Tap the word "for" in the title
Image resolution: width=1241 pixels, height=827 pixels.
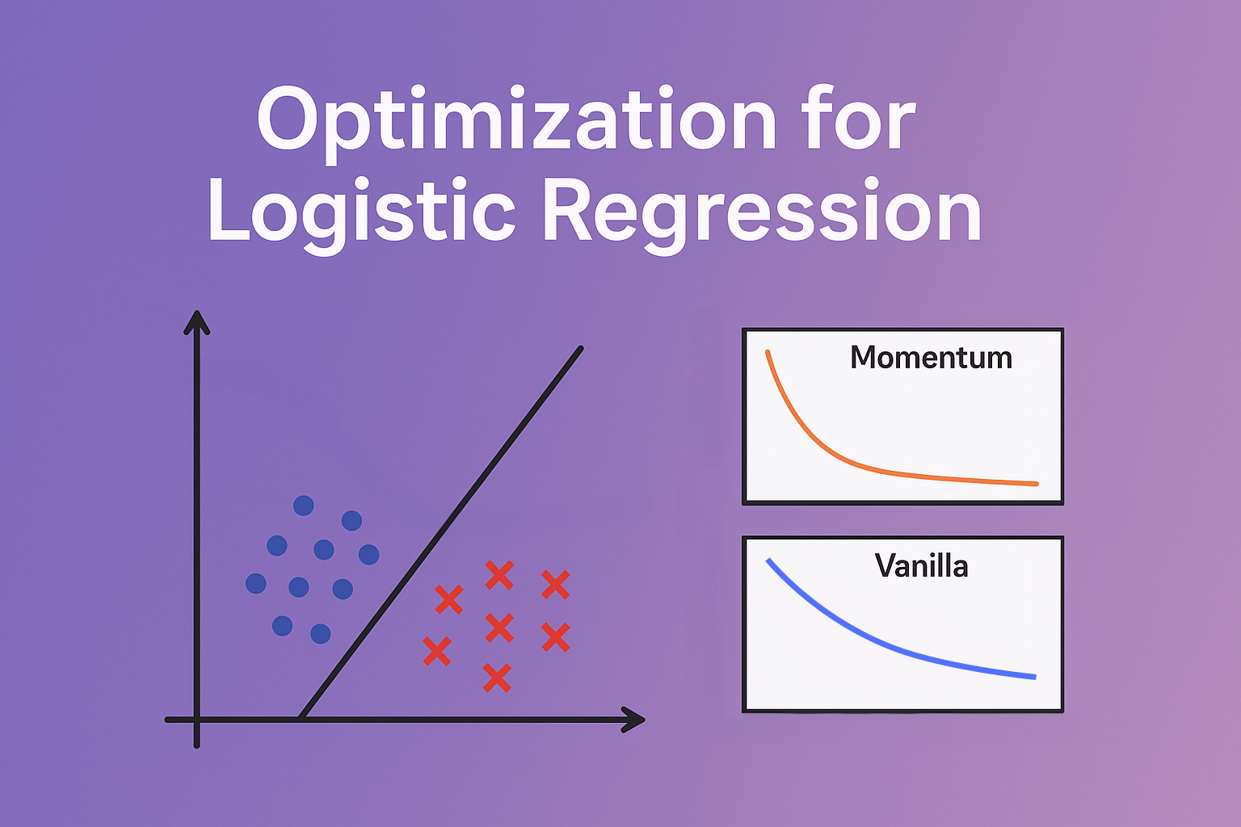859,117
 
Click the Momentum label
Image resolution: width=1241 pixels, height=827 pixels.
931,357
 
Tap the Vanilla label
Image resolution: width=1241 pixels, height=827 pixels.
921,566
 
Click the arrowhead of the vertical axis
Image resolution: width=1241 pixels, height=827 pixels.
196,321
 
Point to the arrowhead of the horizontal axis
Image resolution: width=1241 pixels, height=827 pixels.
633,720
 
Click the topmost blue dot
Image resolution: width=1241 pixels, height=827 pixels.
304,506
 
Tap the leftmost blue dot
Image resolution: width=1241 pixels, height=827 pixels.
256,583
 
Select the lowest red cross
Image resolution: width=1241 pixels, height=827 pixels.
497,678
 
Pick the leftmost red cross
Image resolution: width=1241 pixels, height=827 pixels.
437,651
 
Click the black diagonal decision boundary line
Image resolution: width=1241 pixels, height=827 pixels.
440,533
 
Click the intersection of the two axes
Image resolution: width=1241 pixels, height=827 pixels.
196,720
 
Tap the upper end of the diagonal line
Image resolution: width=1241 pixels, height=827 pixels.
581,348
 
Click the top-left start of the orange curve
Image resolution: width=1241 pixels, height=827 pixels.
768,352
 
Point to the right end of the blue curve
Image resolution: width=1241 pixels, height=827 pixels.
1035,677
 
